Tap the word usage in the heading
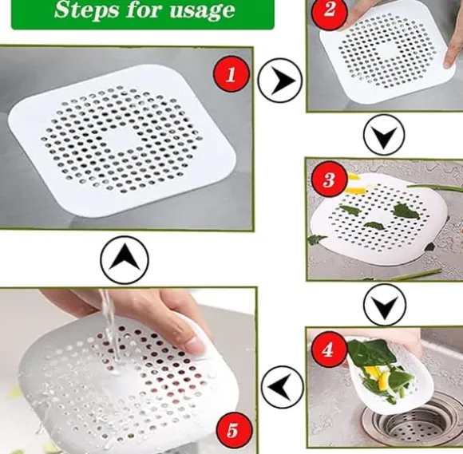[x=203, y=11]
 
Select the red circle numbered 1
[x=231, y=74]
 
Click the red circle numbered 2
[x=329, y=10]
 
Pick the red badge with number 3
[x=329, y=179]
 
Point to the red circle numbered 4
[x=329, y=349]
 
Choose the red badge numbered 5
[x=234, y=429]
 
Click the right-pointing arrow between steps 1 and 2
[x=279, y=81]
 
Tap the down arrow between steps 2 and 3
[x=383, y=135]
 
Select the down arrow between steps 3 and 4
[x=385, y=304]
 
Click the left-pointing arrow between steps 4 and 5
[x=283, y=387]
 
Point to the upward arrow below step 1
[x=125, y=259]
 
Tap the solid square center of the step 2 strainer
[x=387, y=53]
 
